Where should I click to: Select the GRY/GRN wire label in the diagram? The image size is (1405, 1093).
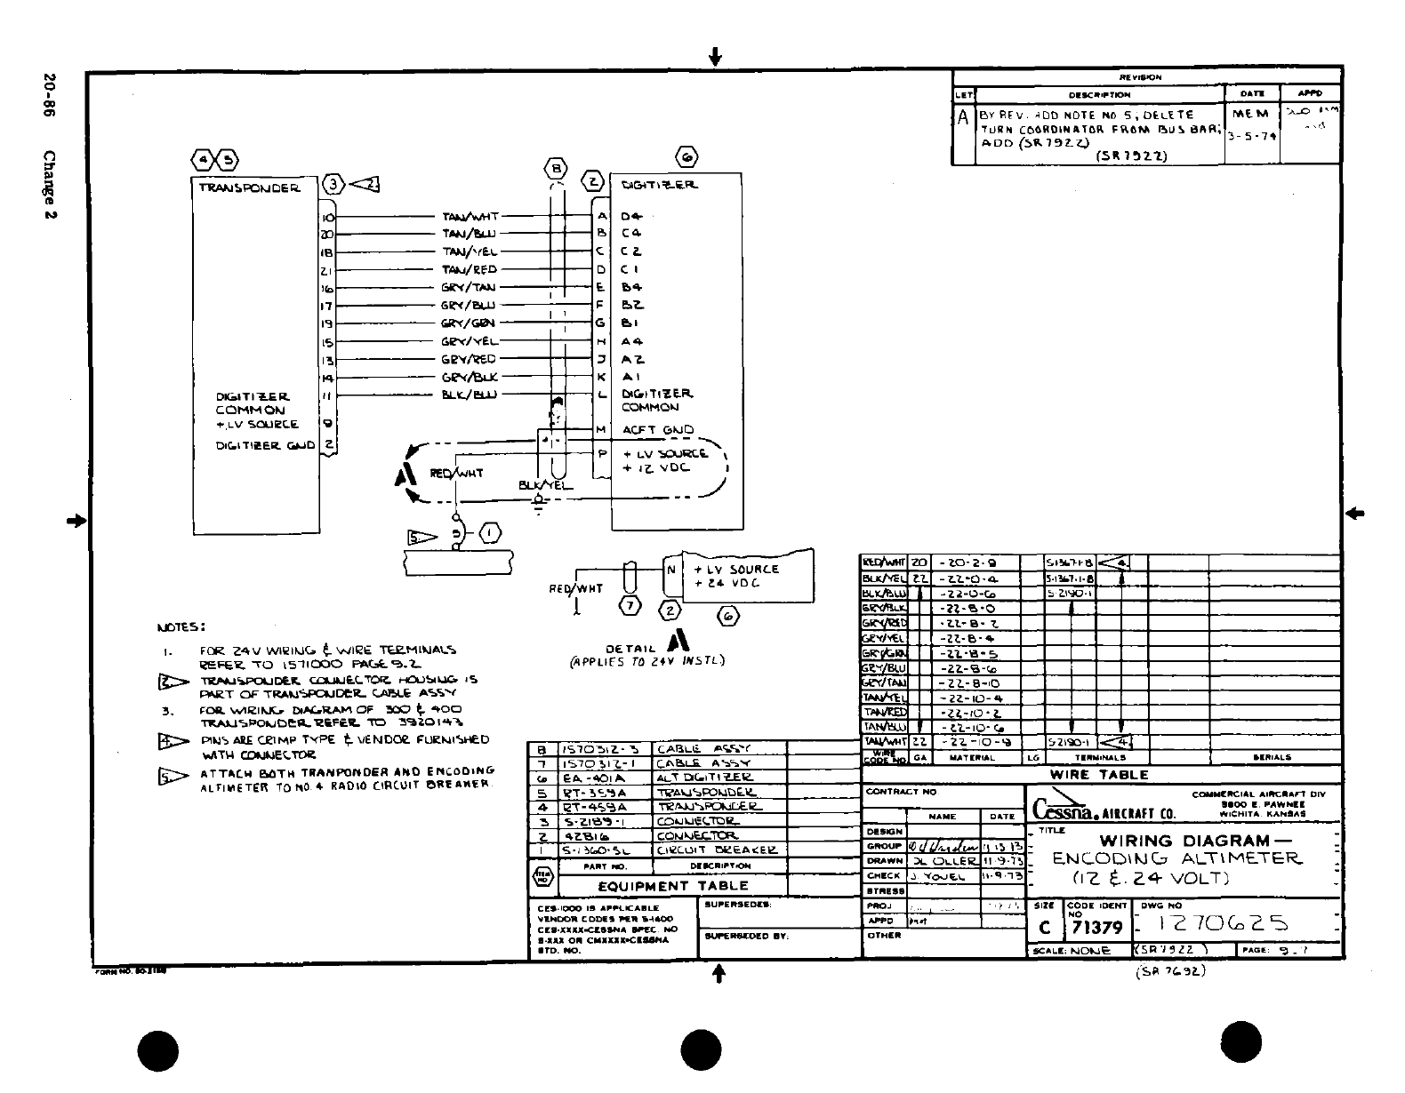[x=468, y=323]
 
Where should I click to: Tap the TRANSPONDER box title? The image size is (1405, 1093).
[x=250, y=187]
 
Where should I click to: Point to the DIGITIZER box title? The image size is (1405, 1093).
[x=660, y=185]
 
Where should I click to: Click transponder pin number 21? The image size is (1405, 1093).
[x=326, y=270]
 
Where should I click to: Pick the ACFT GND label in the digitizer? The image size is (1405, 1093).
[x=658, y=430]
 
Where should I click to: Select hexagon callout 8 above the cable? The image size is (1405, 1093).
[x=555, y=168]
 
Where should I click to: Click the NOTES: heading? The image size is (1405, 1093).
[x=181, y=627]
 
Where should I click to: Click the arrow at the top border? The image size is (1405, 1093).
[x=715, y=58]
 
